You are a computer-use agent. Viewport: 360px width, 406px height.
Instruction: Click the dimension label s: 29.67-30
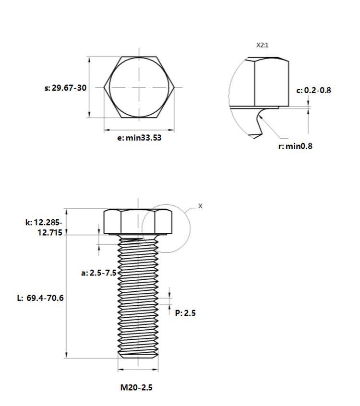65,88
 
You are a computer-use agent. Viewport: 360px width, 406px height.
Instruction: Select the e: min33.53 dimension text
139,138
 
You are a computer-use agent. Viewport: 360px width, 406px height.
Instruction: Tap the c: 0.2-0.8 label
313,90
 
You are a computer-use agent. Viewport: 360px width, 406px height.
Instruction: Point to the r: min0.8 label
295,146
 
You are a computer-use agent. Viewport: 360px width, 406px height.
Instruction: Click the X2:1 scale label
262,45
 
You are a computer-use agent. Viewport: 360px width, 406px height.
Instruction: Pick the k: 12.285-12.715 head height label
44,227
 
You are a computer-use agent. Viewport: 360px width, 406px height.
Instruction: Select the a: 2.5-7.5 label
98,273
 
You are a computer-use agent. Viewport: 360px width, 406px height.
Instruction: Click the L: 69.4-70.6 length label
40,298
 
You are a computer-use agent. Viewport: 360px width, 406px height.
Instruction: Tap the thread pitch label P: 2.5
185,313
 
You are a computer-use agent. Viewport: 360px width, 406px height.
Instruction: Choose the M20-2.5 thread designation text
136,387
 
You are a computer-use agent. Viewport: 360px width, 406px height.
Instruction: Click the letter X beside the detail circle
201,206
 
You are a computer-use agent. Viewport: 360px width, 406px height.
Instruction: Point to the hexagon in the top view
139,87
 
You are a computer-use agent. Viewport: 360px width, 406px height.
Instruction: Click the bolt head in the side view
138,222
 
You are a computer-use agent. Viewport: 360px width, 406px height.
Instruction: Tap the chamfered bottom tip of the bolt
138,356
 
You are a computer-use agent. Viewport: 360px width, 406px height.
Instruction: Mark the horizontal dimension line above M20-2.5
138,370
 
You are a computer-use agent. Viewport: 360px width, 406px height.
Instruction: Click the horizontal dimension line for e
139,130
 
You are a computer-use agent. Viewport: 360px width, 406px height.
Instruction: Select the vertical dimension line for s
89,87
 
